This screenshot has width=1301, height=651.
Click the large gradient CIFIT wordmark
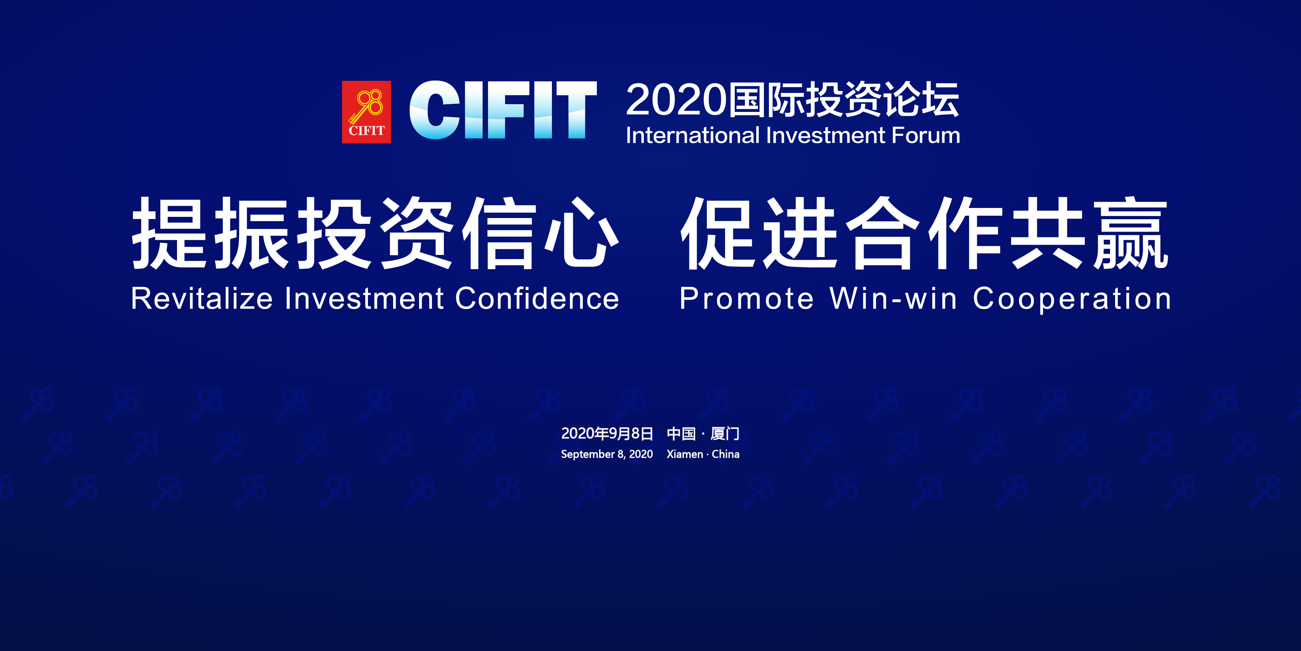(503, 110)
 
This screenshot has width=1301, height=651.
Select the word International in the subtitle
(693, 136)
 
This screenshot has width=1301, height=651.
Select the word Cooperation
(1072, 299)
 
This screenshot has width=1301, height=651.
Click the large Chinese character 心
(582, 232)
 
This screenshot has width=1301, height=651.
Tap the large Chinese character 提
(169, 232)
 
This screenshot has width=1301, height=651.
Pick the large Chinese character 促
(718, 232)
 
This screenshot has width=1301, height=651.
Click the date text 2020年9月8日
(607, 433)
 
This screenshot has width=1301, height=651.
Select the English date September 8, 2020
(607, 454)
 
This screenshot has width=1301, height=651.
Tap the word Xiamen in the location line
(685, 454)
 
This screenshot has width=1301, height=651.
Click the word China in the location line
(726, 454)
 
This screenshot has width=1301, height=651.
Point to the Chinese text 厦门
(725, 433)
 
